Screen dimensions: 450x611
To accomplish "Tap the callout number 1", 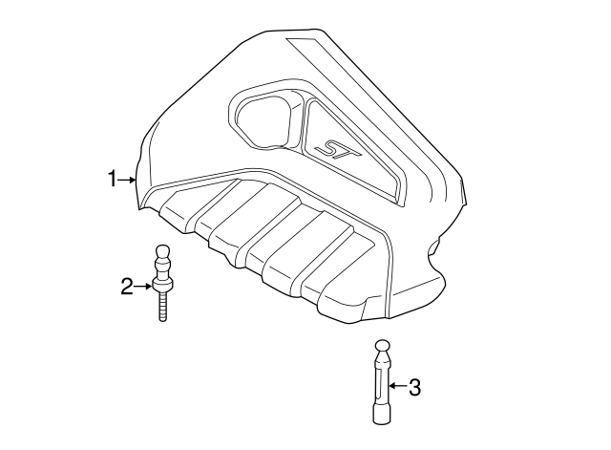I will (111, 179).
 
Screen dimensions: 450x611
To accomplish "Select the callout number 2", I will (125, 285).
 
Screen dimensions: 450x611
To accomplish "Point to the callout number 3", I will (414, 387).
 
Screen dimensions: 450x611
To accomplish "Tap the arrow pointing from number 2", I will (142, 285).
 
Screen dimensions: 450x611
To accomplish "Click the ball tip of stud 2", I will (162, 254).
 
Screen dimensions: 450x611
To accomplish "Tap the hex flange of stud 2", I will (162, 284).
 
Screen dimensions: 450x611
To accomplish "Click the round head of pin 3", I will (381, 347).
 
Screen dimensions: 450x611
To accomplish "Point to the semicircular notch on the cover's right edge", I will (435, 250).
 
